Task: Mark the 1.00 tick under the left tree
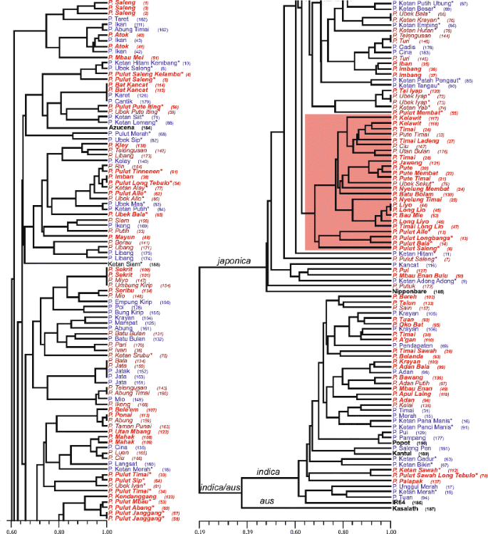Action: coord(107,530)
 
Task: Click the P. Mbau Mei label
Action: coord(126,57)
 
